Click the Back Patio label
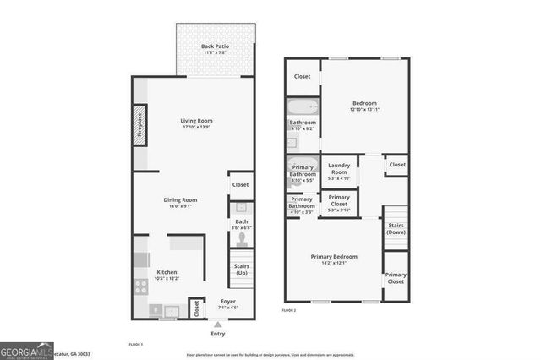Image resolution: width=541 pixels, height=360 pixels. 215,49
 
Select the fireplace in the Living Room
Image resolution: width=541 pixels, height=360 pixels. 140,126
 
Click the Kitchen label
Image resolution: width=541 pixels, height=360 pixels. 167,275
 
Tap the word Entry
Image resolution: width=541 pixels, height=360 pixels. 218,335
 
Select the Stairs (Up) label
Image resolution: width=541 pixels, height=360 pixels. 241,270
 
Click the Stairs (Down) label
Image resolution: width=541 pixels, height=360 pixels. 396,228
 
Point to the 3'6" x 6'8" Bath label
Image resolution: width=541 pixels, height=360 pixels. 241,225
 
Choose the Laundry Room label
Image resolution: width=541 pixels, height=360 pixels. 339,169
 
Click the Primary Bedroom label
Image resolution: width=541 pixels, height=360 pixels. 333,259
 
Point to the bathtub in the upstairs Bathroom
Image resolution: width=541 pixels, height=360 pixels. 300,107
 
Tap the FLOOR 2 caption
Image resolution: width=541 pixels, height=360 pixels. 290,311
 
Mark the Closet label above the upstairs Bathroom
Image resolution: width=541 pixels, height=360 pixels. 302,77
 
